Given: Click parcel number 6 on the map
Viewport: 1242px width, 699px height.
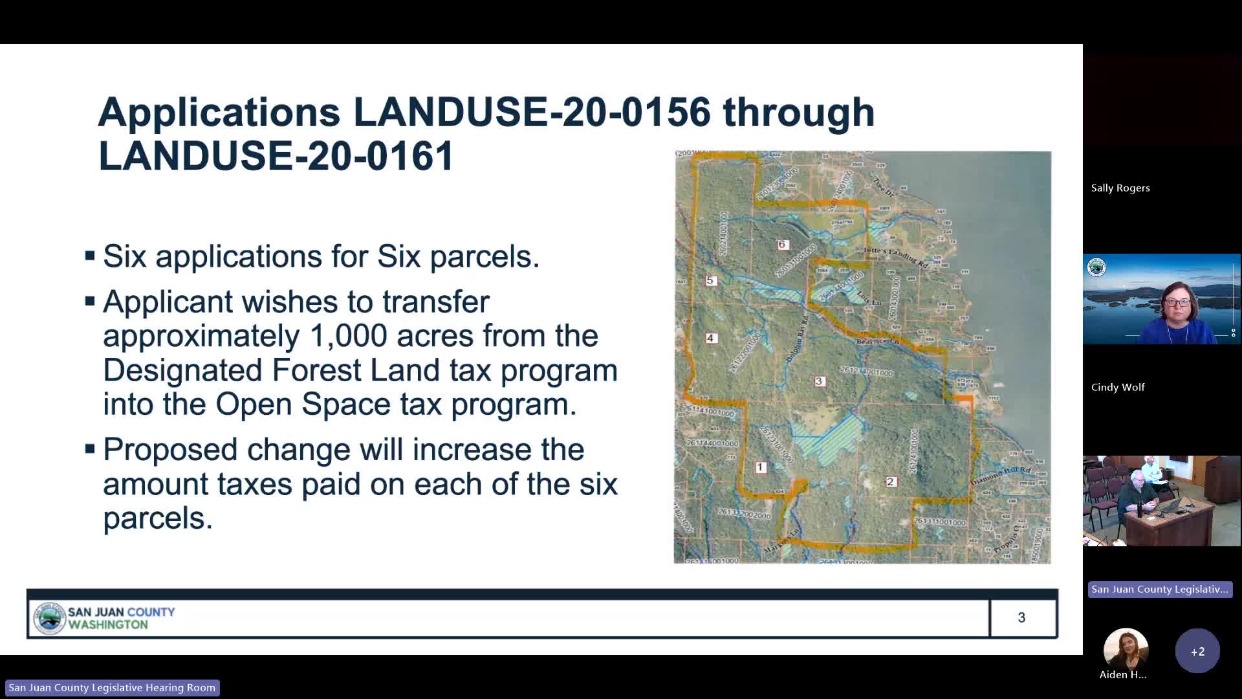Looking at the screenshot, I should click(782, 245).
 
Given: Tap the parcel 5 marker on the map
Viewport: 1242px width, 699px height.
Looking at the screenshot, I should click(710, 281).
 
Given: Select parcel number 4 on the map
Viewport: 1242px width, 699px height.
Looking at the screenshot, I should click(710, 338).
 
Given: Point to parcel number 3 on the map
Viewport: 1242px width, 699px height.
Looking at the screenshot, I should click(819, 381).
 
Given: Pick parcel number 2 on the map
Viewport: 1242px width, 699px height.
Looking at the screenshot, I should click(891, 482).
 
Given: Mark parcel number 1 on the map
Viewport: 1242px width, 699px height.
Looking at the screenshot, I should click(761, 467).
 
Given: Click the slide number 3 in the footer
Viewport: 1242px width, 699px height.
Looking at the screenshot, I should click(1021, 617).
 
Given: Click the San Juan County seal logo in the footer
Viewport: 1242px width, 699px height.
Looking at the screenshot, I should click(49, 618).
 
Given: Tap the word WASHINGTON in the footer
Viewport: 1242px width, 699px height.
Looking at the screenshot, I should click(108, 625).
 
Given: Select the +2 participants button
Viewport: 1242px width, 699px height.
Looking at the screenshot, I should click(1197, 651).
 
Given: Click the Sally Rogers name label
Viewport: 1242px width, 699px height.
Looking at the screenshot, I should click(1120, 188).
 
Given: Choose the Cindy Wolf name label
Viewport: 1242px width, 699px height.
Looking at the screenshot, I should click(1118, 387).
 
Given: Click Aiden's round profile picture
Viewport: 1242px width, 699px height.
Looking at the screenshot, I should click(1126, 649).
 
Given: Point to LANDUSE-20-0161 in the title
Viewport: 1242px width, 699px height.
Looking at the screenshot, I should click(276, 155).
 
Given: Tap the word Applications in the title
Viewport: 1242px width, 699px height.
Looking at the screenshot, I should click(219, 111).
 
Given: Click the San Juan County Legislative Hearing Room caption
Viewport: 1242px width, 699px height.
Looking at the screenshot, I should click(112, 687).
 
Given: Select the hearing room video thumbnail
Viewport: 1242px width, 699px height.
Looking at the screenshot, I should click(1162, 501).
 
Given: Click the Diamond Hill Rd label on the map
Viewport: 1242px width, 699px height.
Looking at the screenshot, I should click(1000, 476).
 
